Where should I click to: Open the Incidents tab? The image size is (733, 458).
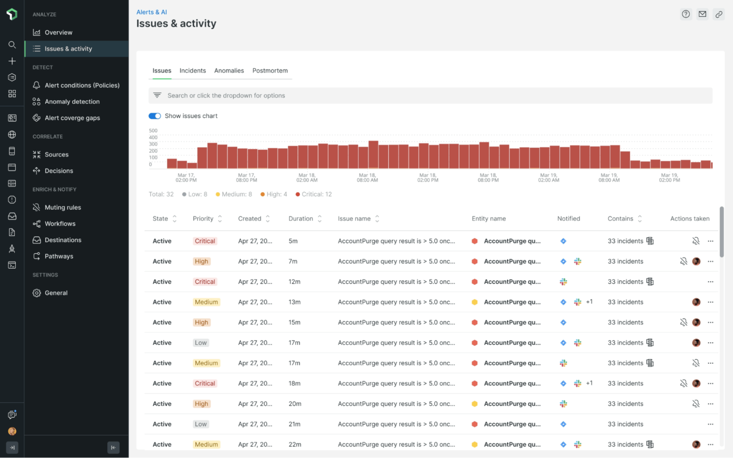pyautogui.click(x=193, y=71)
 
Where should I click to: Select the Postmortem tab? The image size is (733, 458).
pyautogui.click(x=270, y=71)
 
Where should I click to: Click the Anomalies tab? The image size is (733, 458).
pyautogui.click(x=229, y=71)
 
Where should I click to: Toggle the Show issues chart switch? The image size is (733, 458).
pyautogui.click(x=155, y=116)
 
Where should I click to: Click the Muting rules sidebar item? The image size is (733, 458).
pyautogui.click(x=62, y=207)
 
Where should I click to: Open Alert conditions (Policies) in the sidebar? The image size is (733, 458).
pyautogui.click(x=82, y=85)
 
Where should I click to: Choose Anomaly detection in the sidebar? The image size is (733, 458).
pyautogui.click(x=72, y=102)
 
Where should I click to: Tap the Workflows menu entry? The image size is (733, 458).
pyautogui.click(x=60, y=224)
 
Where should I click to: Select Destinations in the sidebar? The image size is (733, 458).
pyautogui.click(x=63, y=240)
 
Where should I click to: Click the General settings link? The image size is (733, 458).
pyautogui.click(x=56, y=293)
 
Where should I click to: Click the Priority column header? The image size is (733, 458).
pyautogui.click(x=203, y=219)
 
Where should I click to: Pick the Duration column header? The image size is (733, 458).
pyautogui.click(x=301, y=219)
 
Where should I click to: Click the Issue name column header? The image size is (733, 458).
pyautogui.click(x=354, y=219)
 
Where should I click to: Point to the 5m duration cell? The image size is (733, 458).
pyautogui.click(x=293, y=241)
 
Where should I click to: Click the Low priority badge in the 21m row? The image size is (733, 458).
pyautogui.click(x=201, y=424)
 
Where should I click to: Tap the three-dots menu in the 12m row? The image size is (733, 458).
pyautogui.click(x=710, y=282)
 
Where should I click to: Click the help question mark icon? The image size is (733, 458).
pyautogui.click(x=685, y=14)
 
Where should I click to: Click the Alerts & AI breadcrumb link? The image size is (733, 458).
pyautogui.click(x=152, y=12)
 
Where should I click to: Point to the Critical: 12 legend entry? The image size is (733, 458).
pyautogui.click(x=314, y=195)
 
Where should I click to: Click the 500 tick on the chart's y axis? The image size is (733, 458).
pyautogui.click(x=153, y=131)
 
